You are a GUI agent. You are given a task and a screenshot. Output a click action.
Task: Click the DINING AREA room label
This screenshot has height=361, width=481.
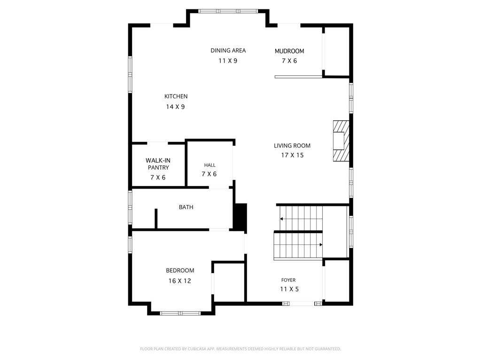tap(228, 50)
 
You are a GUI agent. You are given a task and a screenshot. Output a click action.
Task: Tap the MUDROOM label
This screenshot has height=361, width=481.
tap(289, 51)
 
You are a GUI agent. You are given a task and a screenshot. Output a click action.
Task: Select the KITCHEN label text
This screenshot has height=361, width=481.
tap(176, 96)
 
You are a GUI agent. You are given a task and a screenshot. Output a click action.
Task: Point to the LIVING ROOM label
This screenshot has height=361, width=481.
tap(292, 146)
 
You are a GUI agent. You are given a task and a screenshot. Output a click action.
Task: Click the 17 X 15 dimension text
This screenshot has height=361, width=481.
tap(292, 155)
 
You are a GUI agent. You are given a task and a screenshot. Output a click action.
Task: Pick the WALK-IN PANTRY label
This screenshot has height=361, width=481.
tap(158, 164)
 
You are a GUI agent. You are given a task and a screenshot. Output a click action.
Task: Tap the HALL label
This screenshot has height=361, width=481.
tap(210, 165)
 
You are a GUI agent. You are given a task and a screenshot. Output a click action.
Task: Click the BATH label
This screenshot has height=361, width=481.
tap(186, 207)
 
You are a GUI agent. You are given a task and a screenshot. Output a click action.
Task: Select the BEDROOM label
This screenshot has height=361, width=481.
tap(180, 270)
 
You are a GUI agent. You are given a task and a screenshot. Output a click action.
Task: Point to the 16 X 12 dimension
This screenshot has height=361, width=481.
tap(180, 281)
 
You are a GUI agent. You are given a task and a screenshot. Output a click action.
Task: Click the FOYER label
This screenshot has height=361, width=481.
tap(288, 280)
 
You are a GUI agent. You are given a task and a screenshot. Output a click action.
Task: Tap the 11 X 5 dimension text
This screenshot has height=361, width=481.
tap(289, 289)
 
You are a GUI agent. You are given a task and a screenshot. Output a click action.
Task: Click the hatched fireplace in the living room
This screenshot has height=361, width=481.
tap(341, 141)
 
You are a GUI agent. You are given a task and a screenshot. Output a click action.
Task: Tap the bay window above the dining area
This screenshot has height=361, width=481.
tap(228, 11)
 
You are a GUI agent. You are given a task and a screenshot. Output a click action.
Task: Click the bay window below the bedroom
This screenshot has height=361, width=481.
tap(180, 313)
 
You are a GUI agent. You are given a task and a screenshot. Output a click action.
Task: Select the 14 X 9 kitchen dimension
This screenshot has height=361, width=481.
tap(176, 107)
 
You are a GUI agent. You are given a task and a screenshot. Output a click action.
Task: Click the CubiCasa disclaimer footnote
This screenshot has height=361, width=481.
tap(240, 349)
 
